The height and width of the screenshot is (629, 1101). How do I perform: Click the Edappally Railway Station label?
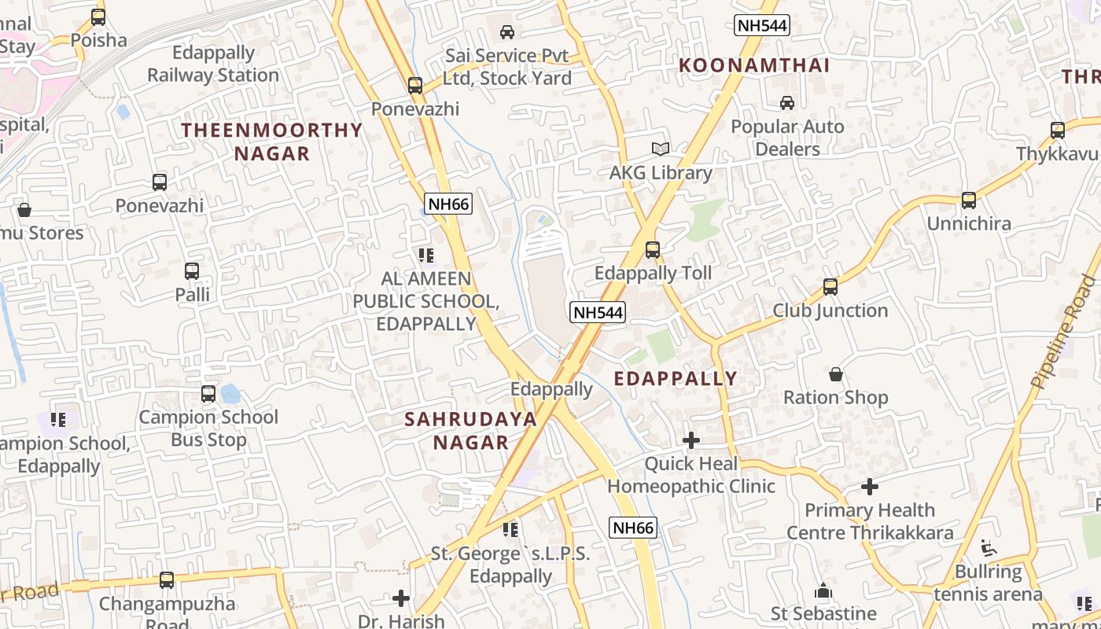pyautogui.click(x=213, y=64)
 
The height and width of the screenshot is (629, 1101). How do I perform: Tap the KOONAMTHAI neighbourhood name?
pyautogui.click(x=754, y=65)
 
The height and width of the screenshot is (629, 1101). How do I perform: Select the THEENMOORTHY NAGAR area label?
pyautogui.click(x=272, y=142)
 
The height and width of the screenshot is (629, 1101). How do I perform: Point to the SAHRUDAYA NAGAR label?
pyautogui.click(x=471, y=430)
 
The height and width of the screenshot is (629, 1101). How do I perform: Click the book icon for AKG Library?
pyautogui.click(x=661, y=149)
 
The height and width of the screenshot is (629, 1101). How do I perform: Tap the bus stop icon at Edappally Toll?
pyautogui.click(x=653, y=250)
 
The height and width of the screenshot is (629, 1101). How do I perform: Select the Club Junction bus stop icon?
pyautogui.click(x=830, y=287)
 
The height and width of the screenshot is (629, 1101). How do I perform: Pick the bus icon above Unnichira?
pyautogui.click(x=969, y=200)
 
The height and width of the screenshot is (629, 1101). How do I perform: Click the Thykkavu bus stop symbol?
pyautogui.click(x=1058, y=131)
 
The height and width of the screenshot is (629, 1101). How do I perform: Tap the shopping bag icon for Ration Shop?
pyautogui.click(x=836, y=374)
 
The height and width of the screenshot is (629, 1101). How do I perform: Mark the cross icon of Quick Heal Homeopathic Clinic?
pyautogui.click(x=691, y=440)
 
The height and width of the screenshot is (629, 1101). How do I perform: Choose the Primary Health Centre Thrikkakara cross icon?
pyautogui.click(x=869, y=487)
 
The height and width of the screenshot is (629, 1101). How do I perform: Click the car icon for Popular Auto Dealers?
pyautogui.click(x=786, y=103)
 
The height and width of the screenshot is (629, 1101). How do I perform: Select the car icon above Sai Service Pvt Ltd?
pyautogui.click(x=507, y=32)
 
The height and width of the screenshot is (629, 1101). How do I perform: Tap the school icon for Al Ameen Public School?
pyautogui.click(x=426, y=255)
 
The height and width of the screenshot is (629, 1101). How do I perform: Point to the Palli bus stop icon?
pyautogui.click(x=192, y=271)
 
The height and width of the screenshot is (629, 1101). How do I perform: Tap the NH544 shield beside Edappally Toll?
pyautogui.click(x=598, y=312)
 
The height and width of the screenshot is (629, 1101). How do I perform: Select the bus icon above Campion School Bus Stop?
pyautogui.click(x=208, y=394)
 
